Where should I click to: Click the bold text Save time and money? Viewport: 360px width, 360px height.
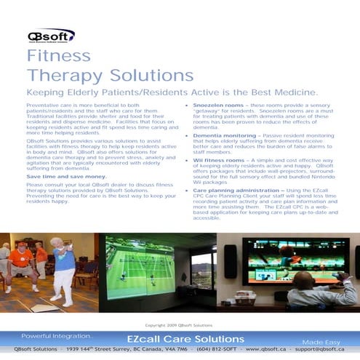[65, 177]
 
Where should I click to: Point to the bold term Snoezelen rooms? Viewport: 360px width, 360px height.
[217, 105]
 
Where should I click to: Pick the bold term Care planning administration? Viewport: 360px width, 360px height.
[234, 190]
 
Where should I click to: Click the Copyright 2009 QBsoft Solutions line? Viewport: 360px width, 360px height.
[179, 325]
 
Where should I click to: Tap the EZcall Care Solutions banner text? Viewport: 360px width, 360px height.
[179, 339]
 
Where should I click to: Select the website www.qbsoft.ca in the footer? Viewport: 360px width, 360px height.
[267, 350]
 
